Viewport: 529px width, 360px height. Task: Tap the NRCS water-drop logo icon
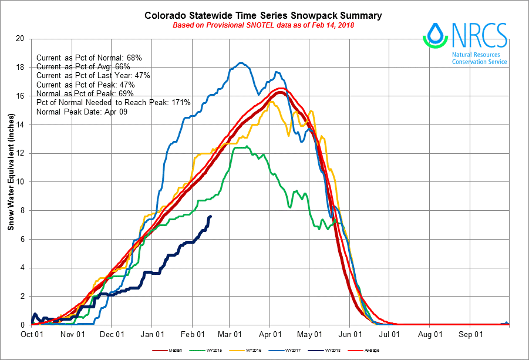pos(435,35)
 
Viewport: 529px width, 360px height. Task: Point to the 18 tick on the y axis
pos(21,67)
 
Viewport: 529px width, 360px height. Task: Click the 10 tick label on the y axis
pos(21,181)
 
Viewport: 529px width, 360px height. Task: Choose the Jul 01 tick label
pos(390,334)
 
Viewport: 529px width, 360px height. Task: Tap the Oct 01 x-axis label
pos(32,334)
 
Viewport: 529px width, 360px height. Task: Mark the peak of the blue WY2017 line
pos(240,63)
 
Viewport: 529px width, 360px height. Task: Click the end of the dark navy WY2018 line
pos(211,216)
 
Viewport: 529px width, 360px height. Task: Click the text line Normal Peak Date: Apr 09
pos(81,111)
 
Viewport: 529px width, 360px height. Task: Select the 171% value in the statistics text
pos(180,102)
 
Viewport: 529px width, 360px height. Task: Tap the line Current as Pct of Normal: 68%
pos(89,58)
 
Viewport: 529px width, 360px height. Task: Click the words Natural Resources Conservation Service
pos(479,58)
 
